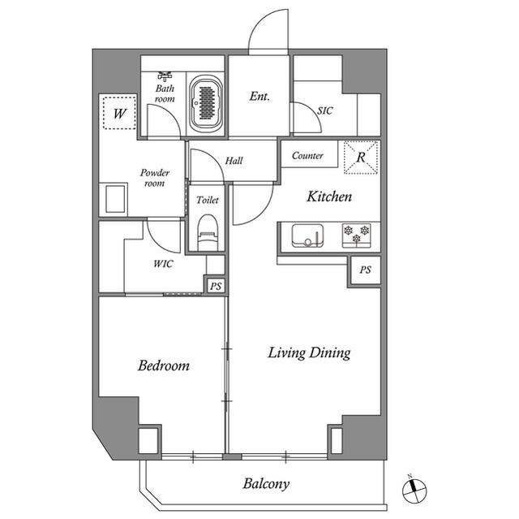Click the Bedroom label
163,366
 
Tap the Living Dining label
309,352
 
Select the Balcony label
266,484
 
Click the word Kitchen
328,197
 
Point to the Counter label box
307,155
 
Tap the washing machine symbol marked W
118,113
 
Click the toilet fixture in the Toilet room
208,231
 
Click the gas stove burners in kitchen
357,235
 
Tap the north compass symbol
413,488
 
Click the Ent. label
259,97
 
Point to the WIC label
162,264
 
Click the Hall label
234,161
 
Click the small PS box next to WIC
215,286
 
